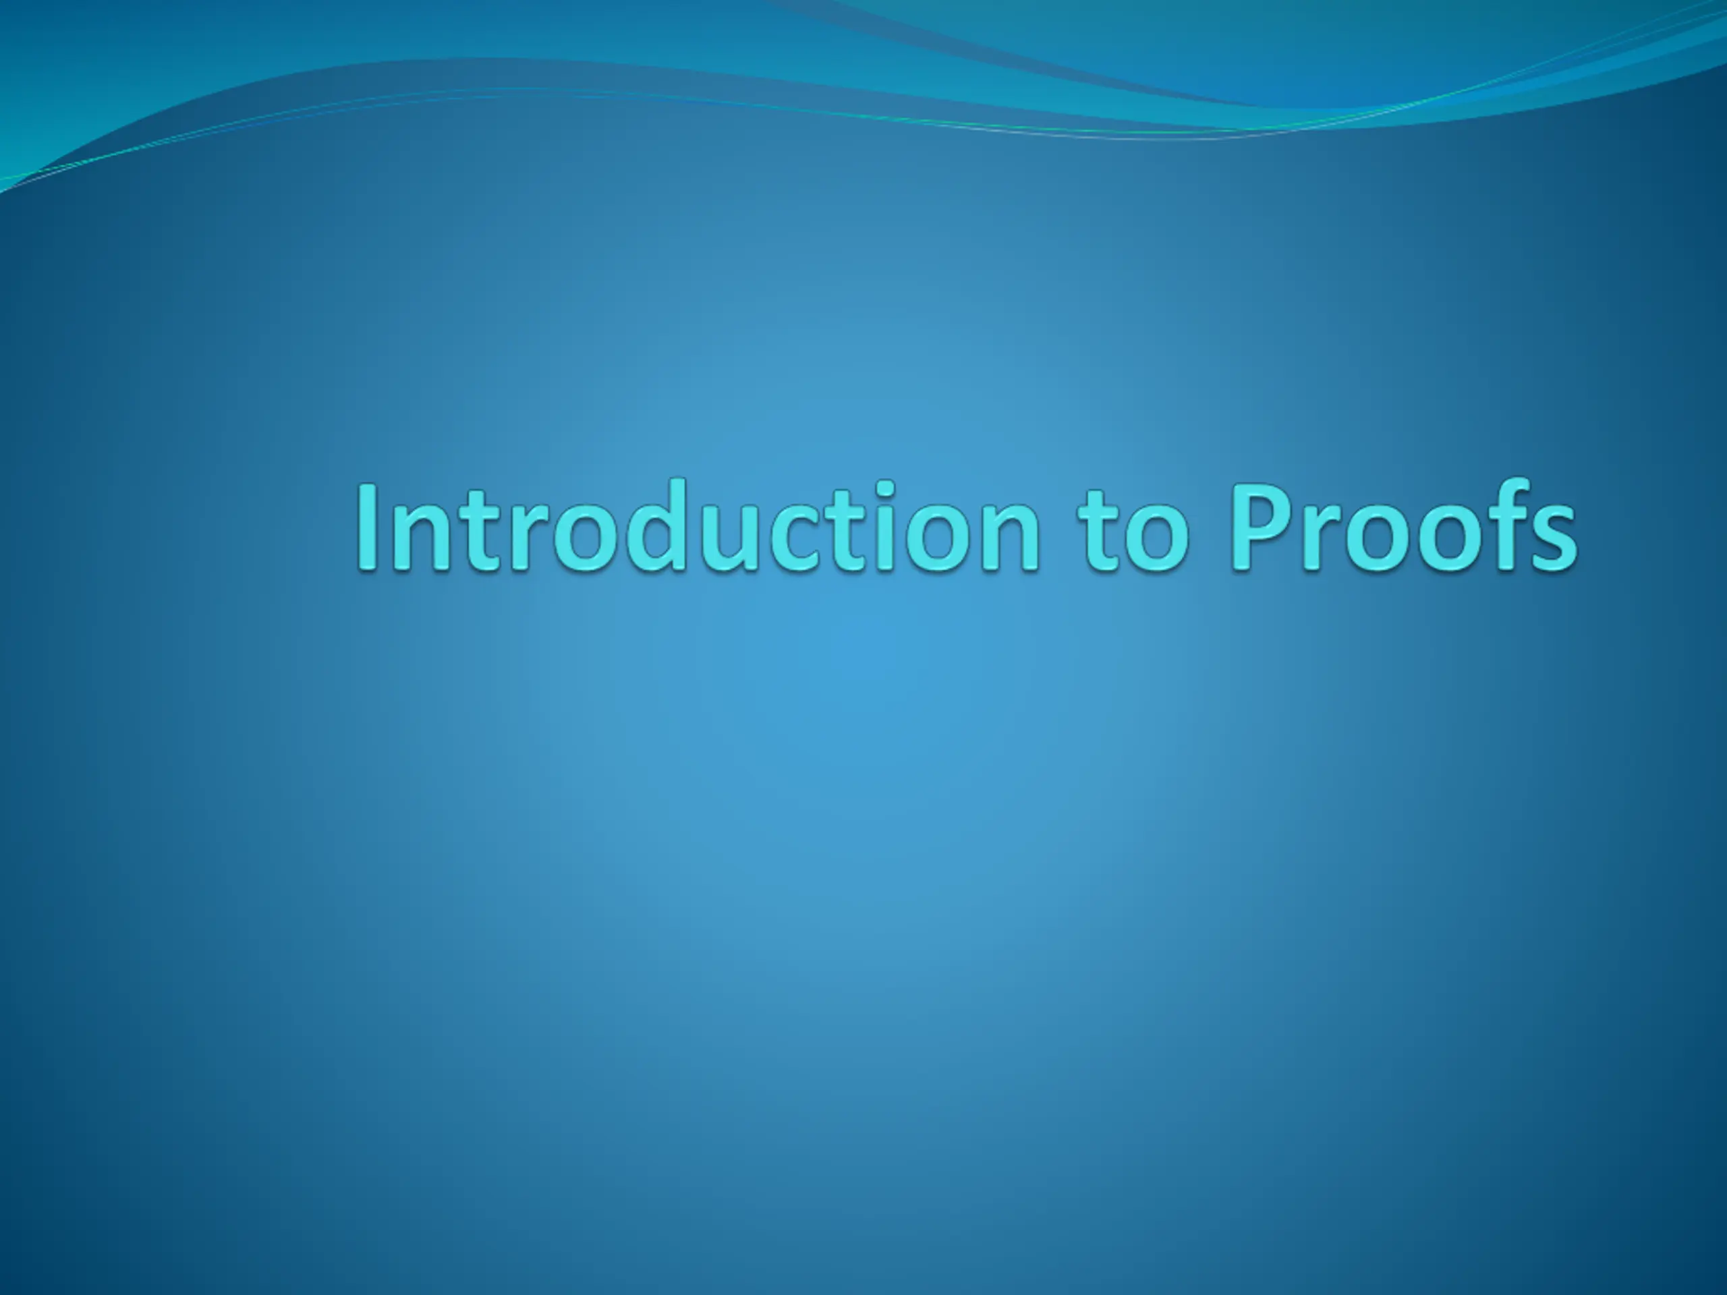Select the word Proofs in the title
click(x=1403, y=525)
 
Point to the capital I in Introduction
click(x=369, y=526)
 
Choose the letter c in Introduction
click(x=802, y=537)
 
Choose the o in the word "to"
click(x=1158, y=537)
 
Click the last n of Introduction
click(x=1012, y=536)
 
